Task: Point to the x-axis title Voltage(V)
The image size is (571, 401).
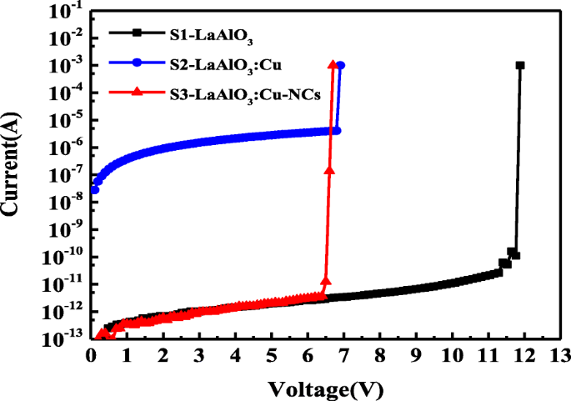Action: coord(324,388)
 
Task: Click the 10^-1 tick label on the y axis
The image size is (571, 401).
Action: coord(64,10)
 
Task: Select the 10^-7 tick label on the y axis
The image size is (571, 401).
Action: coord(64,174)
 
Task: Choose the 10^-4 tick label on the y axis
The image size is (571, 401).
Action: coord(64,92)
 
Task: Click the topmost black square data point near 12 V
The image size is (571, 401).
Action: coord(520,65)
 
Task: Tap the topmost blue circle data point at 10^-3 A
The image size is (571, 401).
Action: coord(340,65)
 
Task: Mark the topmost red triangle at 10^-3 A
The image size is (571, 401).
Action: coord(333,65)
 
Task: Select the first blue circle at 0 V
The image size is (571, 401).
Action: coord(94,190)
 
